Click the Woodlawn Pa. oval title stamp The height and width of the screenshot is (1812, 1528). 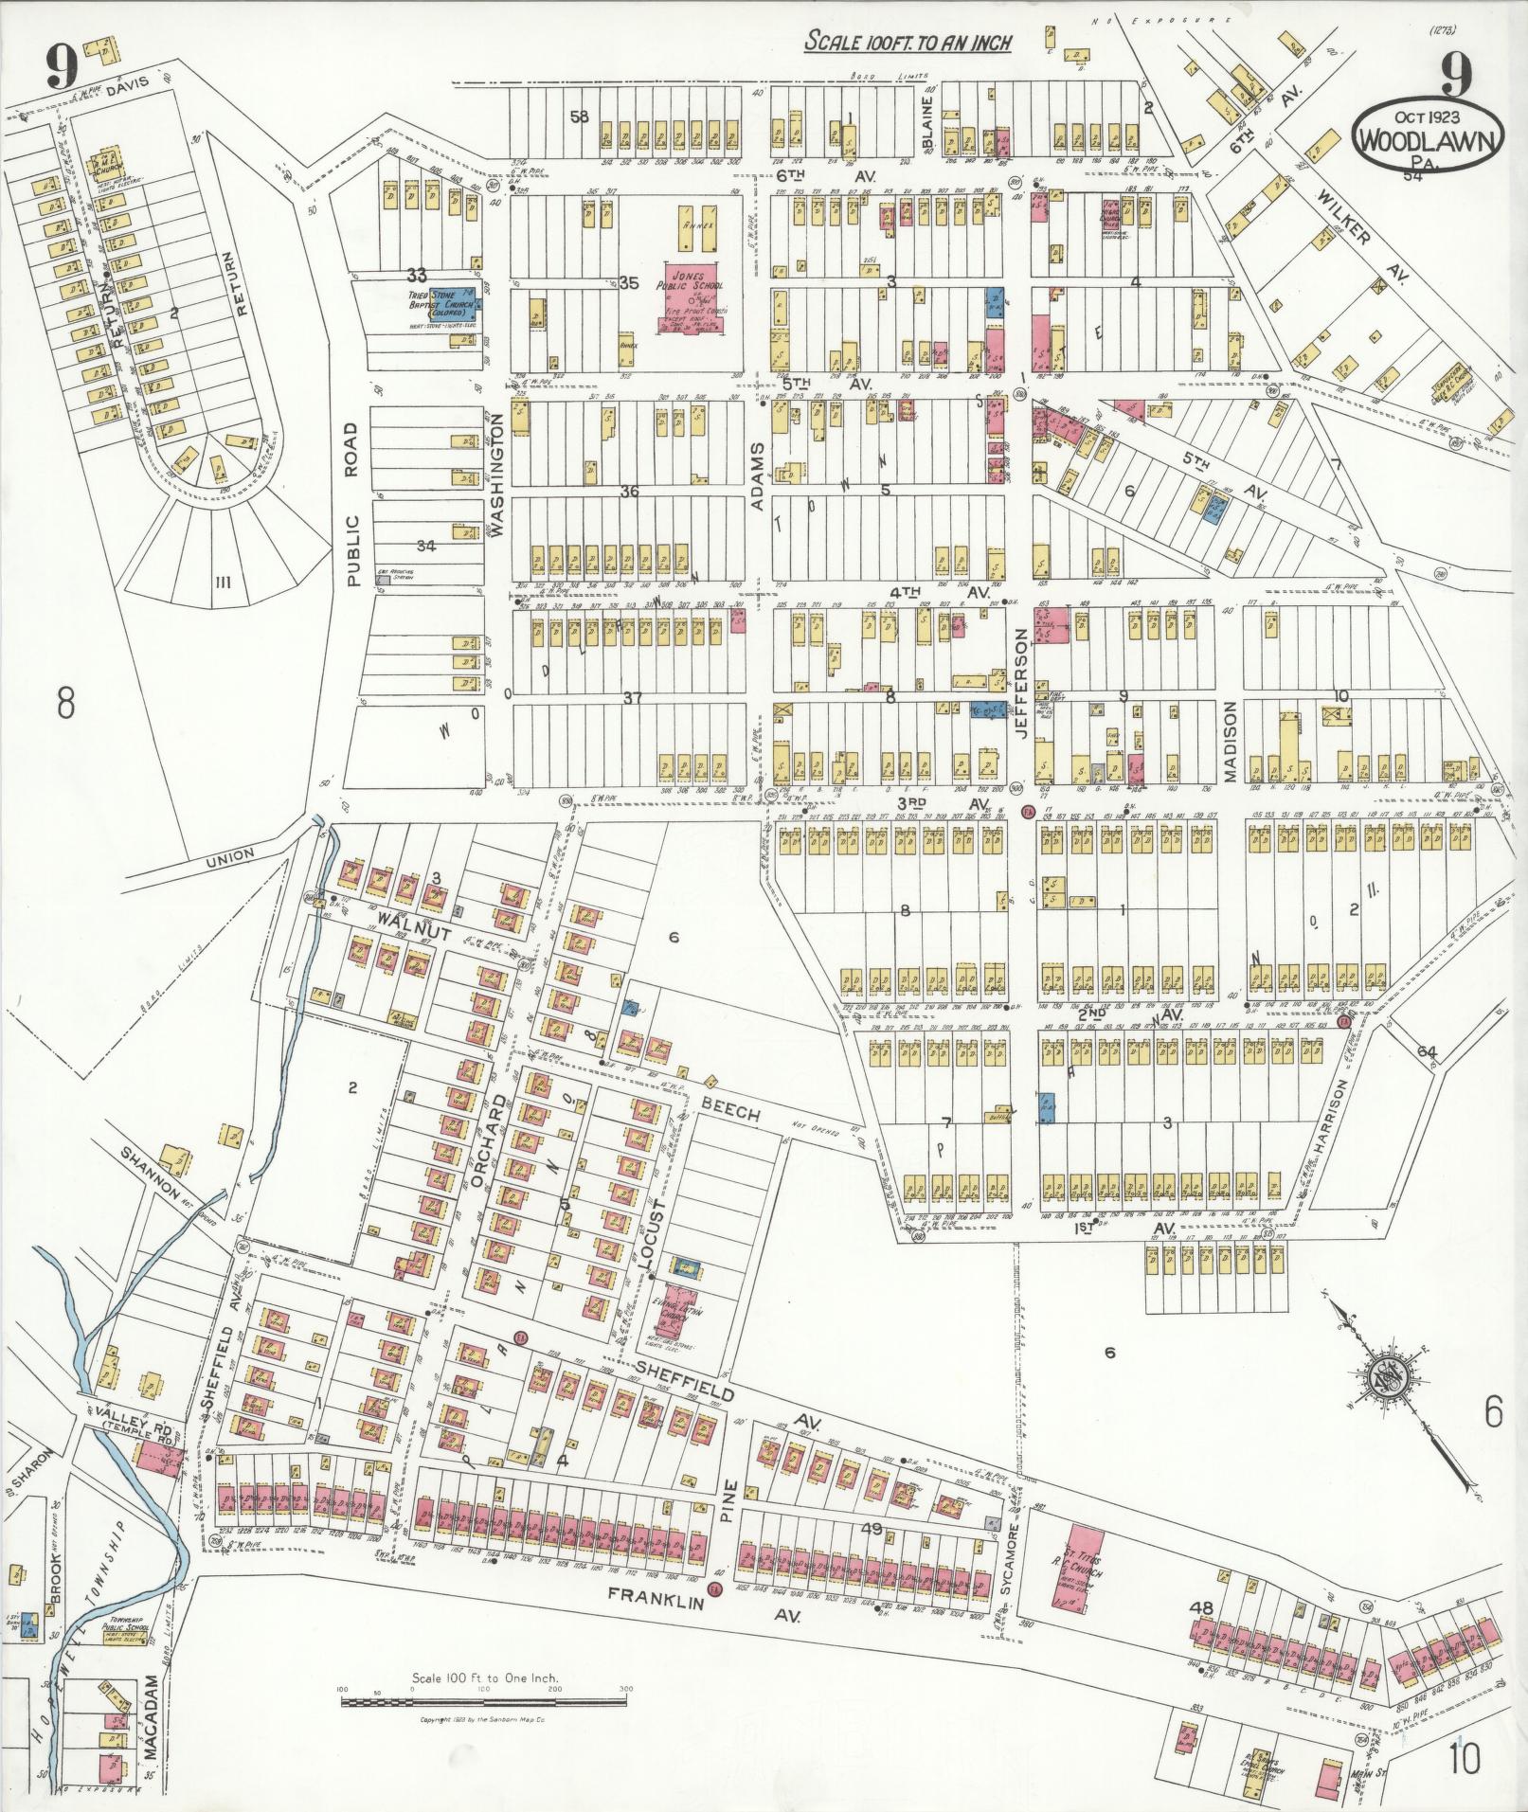[x=1428, y=135]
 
